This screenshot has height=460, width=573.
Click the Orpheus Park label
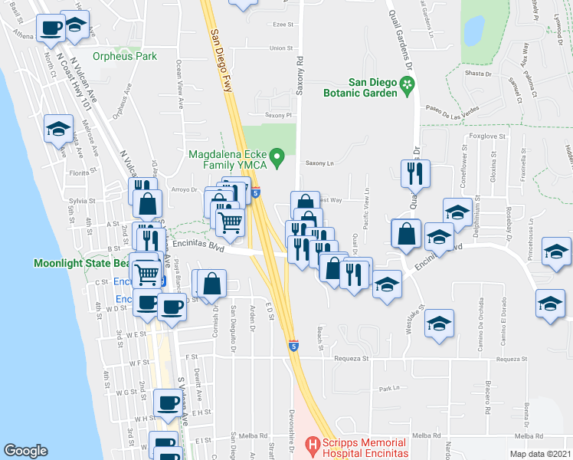tap(125, 56)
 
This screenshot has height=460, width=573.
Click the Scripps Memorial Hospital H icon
tap(313, 444)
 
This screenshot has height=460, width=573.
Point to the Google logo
tap(26, 450)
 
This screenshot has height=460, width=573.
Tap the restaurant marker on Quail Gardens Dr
tap(414, 174)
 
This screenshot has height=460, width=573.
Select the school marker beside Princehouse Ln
tap(556, 251)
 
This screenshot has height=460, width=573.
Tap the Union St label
tap(281, 48)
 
